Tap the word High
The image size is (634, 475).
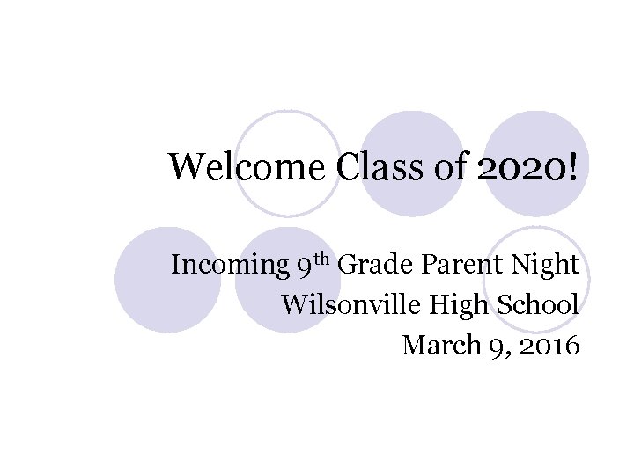449,305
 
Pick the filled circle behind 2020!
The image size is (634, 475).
535,164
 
